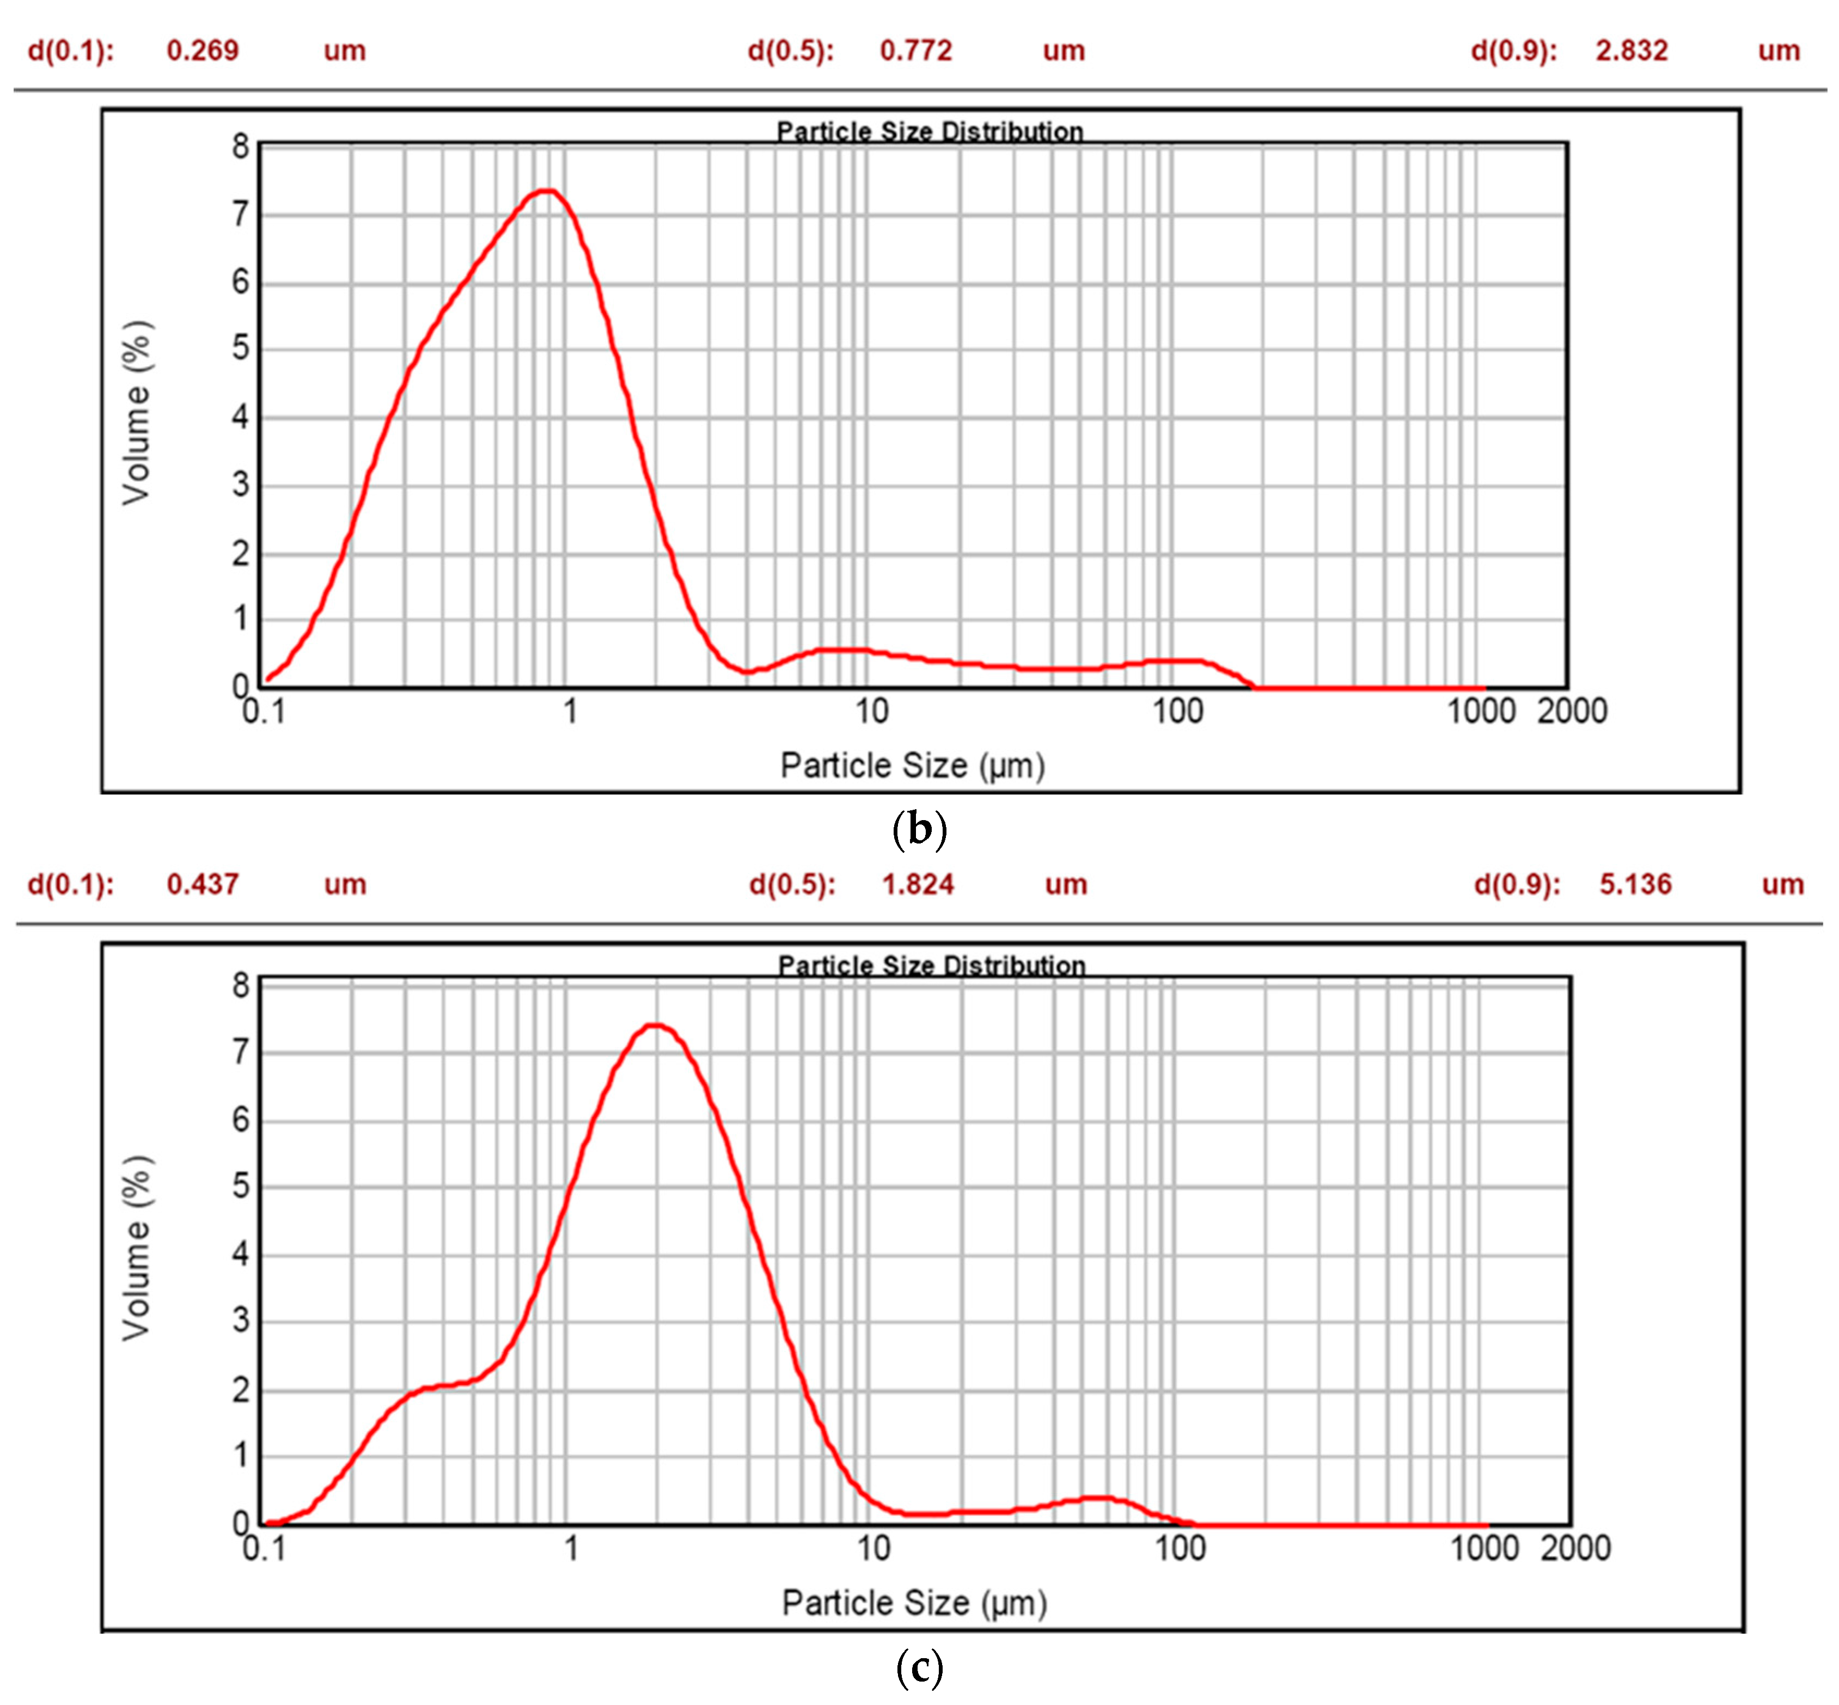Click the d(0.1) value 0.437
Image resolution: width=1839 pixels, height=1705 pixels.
click(202, 884)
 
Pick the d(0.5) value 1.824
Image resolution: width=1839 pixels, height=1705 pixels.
click(917, 884)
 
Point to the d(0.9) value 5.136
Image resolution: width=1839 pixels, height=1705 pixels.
click(1634, 884)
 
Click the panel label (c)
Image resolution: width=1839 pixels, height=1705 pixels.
click(919, 1666)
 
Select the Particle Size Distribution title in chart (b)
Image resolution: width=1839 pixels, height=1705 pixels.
click(929, 131)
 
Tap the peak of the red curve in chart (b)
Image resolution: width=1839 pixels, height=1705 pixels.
click(547, 191)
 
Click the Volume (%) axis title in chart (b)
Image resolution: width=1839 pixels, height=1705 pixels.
click(137, 412)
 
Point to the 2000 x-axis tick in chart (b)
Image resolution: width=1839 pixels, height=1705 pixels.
click(1572, 711)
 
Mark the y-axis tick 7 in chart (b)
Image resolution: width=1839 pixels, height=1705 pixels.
click(241, 214)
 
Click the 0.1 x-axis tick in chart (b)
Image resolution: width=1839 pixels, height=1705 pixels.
click(263, 711)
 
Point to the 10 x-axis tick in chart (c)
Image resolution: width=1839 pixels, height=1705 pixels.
click(873, 1547)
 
